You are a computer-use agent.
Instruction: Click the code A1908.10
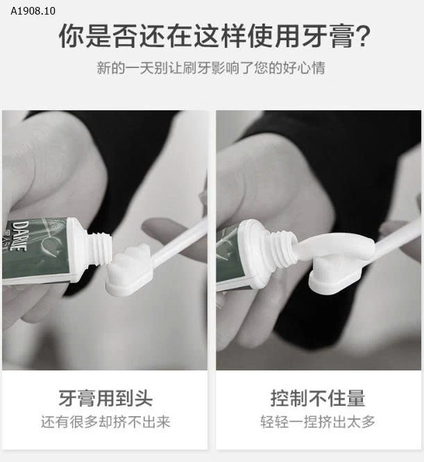click(33, 11)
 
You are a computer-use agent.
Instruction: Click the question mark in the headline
click(362, 36)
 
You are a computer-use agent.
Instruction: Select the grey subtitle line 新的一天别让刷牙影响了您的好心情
click(211, 68)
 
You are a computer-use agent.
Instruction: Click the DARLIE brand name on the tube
click(19, 236)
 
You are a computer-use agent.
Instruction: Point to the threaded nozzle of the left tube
click(99, 248)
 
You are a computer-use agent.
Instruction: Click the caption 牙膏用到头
click(105, 397)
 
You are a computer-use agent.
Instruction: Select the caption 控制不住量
click(318, 397)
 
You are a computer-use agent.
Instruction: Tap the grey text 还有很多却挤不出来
click(105, 422)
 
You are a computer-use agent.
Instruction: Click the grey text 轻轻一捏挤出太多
click(318, 422)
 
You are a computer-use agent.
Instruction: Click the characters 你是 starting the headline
click(85, 36)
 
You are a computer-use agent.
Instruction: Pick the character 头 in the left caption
click(143, 397)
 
